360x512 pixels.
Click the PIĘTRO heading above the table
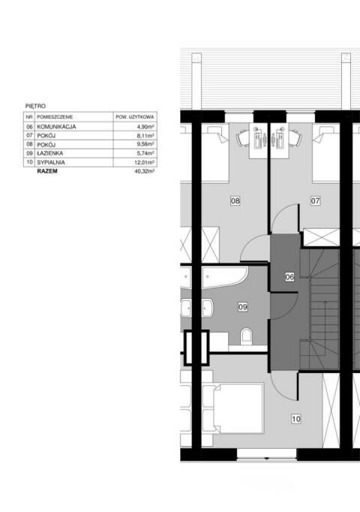coord(35,106)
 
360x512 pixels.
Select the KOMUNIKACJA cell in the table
coord(56,127)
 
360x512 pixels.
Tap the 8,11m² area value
coord(145,136)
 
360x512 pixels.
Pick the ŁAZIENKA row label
coord(50,153)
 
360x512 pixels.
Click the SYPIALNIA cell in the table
coord(51,162)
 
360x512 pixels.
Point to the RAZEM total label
coord(47,171)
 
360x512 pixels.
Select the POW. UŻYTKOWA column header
coord(134,117)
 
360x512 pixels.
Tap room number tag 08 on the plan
coord(235,200)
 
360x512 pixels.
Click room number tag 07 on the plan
coord(315,200)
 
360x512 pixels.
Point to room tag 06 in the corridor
coord(289,277)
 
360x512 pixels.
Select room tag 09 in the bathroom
coord(242,307)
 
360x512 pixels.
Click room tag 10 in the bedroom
coord(296,419)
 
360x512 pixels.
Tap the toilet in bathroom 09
coord(246,336)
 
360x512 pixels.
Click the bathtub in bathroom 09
coord(225,277)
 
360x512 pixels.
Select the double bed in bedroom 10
coord(232,408)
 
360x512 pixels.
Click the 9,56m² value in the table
coord(145,144)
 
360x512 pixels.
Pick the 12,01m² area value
coord(145,162)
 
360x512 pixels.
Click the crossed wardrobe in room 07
coord(322,238)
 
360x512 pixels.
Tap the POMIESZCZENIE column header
coord(55,117)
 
